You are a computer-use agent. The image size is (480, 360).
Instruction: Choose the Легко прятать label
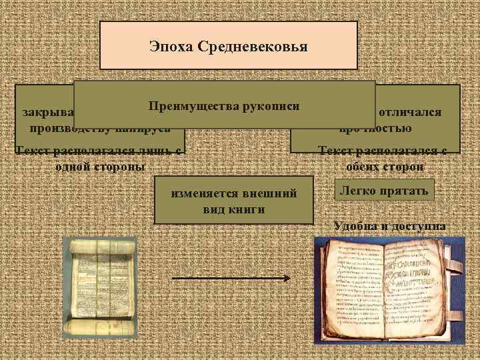pos(385,191)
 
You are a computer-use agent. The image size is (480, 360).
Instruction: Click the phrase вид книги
pos(234,209)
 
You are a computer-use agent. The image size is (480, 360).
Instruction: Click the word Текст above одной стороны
pos(34,151)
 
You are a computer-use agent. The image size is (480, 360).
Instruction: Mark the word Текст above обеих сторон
pos(337,151)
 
